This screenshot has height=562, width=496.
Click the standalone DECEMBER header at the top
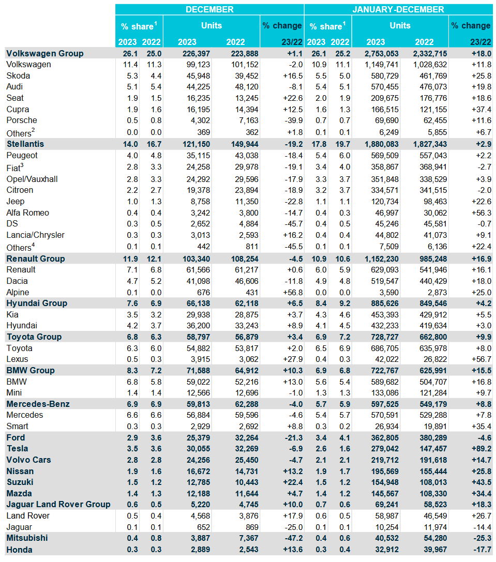click(209, 9)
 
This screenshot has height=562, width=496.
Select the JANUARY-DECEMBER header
click(398, 9)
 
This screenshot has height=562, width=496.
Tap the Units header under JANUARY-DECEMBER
click(400, 25)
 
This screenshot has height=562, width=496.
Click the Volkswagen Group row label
click(45, 53)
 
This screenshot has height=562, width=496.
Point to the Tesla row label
click(17, 448)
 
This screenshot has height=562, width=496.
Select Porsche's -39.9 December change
click(293, 120)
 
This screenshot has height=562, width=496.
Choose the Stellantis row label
click(25, 144)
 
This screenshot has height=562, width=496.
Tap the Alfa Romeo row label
click(27, 212)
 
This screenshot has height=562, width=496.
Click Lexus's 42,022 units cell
click(387, 359)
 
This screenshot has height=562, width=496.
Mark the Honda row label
click(19, 550)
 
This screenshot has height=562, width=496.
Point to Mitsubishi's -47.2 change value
click(293, 538)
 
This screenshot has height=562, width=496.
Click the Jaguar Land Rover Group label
click(58, 504)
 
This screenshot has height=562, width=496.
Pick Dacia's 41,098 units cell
click(198, 281)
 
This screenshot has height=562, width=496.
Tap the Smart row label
click(17, 426)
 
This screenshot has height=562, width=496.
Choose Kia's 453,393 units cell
click(385, 315)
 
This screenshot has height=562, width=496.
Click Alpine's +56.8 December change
click(293, 293)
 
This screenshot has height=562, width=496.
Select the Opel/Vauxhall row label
click(32, 179)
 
